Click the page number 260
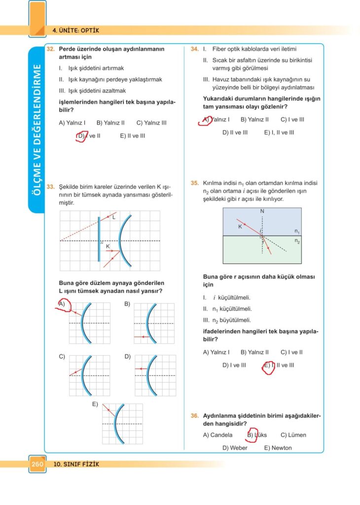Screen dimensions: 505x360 coord(37,464)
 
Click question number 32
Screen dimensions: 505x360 coord(50,49)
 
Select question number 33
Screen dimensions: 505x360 coord(50,187)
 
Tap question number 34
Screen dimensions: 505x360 coord(194,49)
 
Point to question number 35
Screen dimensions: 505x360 coord(194,183)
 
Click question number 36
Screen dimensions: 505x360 coord(194,416)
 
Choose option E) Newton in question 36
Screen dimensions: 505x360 coord(278,448)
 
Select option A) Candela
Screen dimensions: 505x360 coord(217,435)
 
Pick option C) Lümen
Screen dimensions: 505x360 coord(293,435)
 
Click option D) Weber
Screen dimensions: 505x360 coord(235,448)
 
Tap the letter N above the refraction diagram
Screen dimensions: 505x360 coord(262,212)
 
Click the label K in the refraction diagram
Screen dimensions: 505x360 coord(240,227)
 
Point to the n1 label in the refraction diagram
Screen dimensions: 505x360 coord(297,231)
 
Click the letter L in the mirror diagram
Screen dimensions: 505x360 coord(113,217)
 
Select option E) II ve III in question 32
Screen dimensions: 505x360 coord(132,136)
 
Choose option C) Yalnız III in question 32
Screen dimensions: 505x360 coord(151,123)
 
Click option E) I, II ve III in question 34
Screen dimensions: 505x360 coord(279,132)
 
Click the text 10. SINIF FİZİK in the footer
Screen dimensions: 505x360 coord(76,464)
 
